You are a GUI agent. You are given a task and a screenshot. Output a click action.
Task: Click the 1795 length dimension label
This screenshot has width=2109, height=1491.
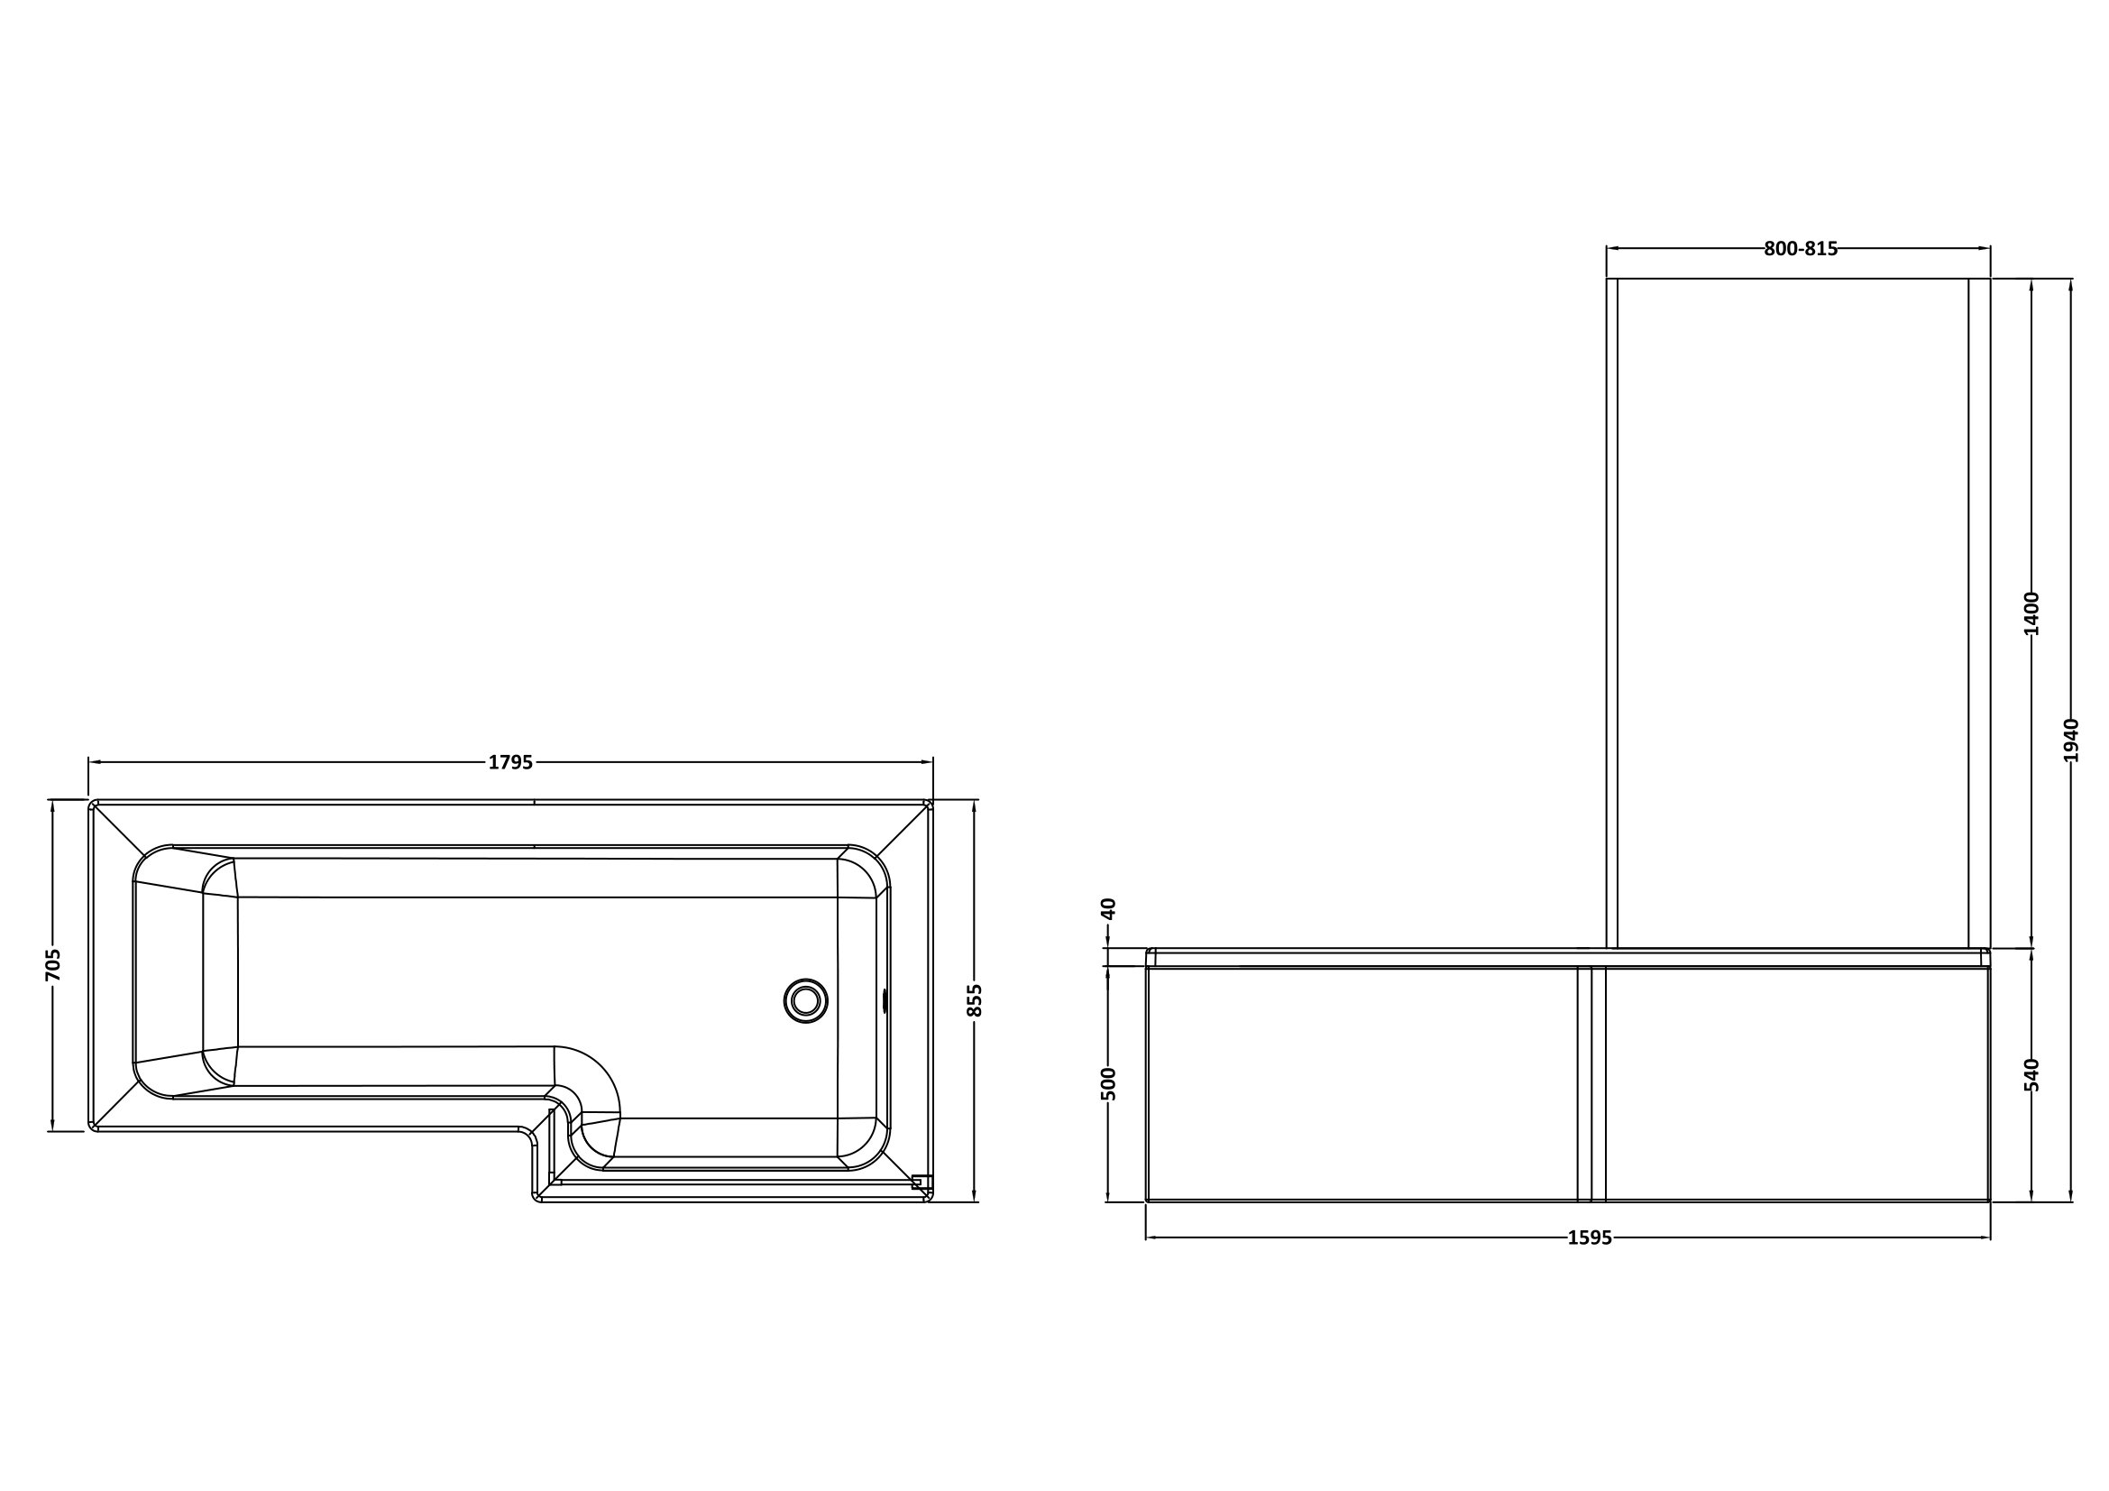click(509, 762)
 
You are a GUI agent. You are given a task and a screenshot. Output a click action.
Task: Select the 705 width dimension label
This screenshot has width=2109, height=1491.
click(53, 964)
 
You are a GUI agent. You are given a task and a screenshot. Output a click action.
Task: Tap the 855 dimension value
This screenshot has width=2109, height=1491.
click(976, 1000)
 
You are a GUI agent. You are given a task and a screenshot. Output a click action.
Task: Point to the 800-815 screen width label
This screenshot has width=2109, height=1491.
click(1801, 248)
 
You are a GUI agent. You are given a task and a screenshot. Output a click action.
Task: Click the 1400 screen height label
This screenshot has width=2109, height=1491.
click(2031, 613)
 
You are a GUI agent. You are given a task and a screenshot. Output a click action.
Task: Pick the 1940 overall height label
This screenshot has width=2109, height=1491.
click(2070, 741)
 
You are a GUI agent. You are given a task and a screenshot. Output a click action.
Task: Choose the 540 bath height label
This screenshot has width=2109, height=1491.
click(2031, 1075)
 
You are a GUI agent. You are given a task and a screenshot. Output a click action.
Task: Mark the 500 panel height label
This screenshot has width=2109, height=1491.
click(1108, 1084)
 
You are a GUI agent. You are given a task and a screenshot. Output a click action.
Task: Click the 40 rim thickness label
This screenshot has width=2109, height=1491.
click(1108, 908)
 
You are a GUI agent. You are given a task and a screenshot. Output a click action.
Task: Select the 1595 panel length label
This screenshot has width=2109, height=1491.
click(1589, 1238)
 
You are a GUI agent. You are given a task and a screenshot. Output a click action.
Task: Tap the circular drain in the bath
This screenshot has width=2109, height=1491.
click(805, 1000)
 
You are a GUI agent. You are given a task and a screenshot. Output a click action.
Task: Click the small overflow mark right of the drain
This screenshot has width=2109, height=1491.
click(885, 1000)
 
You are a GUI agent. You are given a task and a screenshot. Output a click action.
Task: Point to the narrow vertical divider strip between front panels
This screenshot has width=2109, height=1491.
click(1591, 1084)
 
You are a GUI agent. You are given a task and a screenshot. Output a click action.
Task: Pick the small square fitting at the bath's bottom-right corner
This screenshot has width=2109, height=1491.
click(917, 1183)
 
